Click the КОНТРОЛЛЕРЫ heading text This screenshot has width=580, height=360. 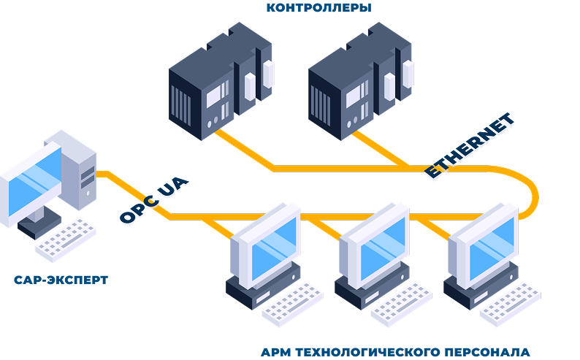[318, 9]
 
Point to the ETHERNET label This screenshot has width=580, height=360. [470, 147]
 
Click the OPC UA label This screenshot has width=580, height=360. [154, 201]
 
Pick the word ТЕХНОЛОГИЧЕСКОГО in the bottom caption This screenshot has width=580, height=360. [369, 352]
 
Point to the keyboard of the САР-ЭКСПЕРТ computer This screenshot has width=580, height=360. [65, 240]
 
